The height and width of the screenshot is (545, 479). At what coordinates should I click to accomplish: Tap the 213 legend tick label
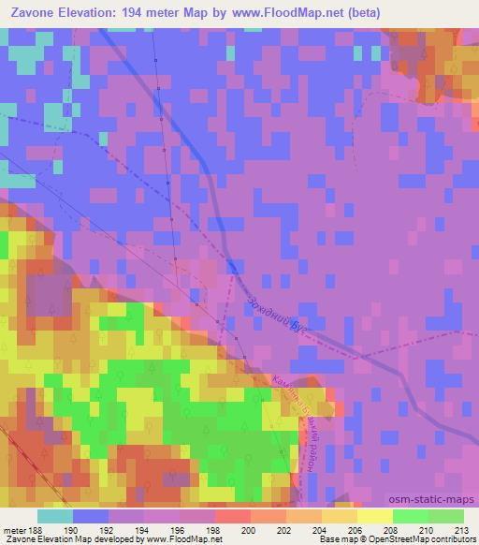click(x=462, y=528)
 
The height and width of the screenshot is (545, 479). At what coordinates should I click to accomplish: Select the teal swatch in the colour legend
click(x=55, y=516)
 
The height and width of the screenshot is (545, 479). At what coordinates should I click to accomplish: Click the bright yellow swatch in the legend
click(x=375, y=516)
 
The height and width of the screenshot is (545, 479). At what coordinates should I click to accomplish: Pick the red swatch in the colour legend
click(x=233, y=516)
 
